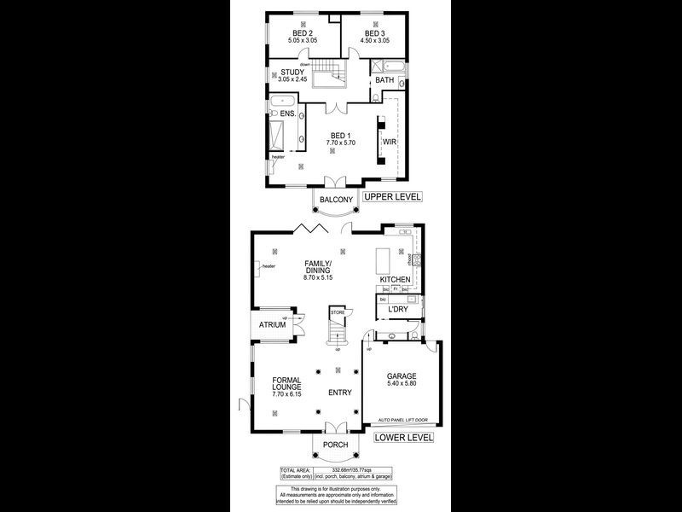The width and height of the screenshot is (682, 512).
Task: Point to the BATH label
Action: point(384,82)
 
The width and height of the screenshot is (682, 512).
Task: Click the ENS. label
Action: point(287,113)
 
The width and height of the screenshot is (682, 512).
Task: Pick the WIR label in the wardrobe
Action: point(389,141)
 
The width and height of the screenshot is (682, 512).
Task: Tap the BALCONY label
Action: point(336,200)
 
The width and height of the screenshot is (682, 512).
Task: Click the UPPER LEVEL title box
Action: point(391,197)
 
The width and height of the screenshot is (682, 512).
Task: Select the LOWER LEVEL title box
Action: point(403,438)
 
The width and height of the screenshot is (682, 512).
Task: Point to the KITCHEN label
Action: point(395,280)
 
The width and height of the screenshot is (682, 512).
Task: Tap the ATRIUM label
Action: point(272,326)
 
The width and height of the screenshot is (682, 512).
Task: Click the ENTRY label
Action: point(341,393)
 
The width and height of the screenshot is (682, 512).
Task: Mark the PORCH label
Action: point(335,445)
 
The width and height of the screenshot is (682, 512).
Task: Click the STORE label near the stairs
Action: point(338,314)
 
